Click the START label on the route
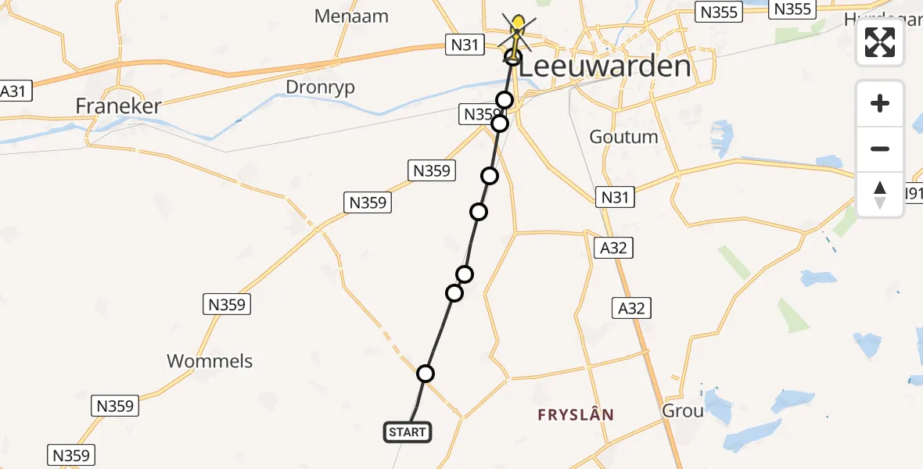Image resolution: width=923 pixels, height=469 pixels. [407, 432]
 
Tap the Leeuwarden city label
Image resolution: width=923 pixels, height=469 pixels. [605, 66]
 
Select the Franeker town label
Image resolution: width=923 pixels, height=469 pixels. [118, 106]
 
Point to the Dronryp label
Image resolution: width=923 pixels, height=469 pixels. [320, 87]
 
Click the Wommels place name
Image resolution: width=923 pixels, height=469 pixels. [210, 361]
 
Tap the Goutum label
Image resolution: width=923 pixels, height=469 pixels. [623, 137]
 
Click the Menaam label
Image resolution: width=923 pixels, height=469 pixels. [347, 16]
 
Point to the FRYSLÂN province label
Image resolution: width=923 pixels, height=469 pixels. [576, 415]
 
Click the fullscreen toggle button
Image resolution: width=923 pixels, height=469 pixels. [880, 42]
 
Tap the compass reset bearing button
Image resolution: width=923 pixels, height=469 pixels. [880, 194]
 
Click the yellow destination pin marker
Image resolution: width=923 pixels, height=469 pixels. [517, 26]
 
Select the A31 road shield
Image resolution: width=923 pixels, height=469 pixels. [13, 91]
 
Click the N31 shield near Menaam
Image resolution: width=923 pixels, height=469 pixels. [465, 45]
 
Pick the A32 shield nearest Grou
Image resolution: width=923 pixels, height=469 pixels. [631, 309]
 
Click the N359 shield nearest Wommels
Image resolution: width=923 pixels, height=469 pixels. [228, 304]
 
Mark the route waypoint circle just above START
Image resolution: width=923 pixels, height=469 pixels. [426, 374]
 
